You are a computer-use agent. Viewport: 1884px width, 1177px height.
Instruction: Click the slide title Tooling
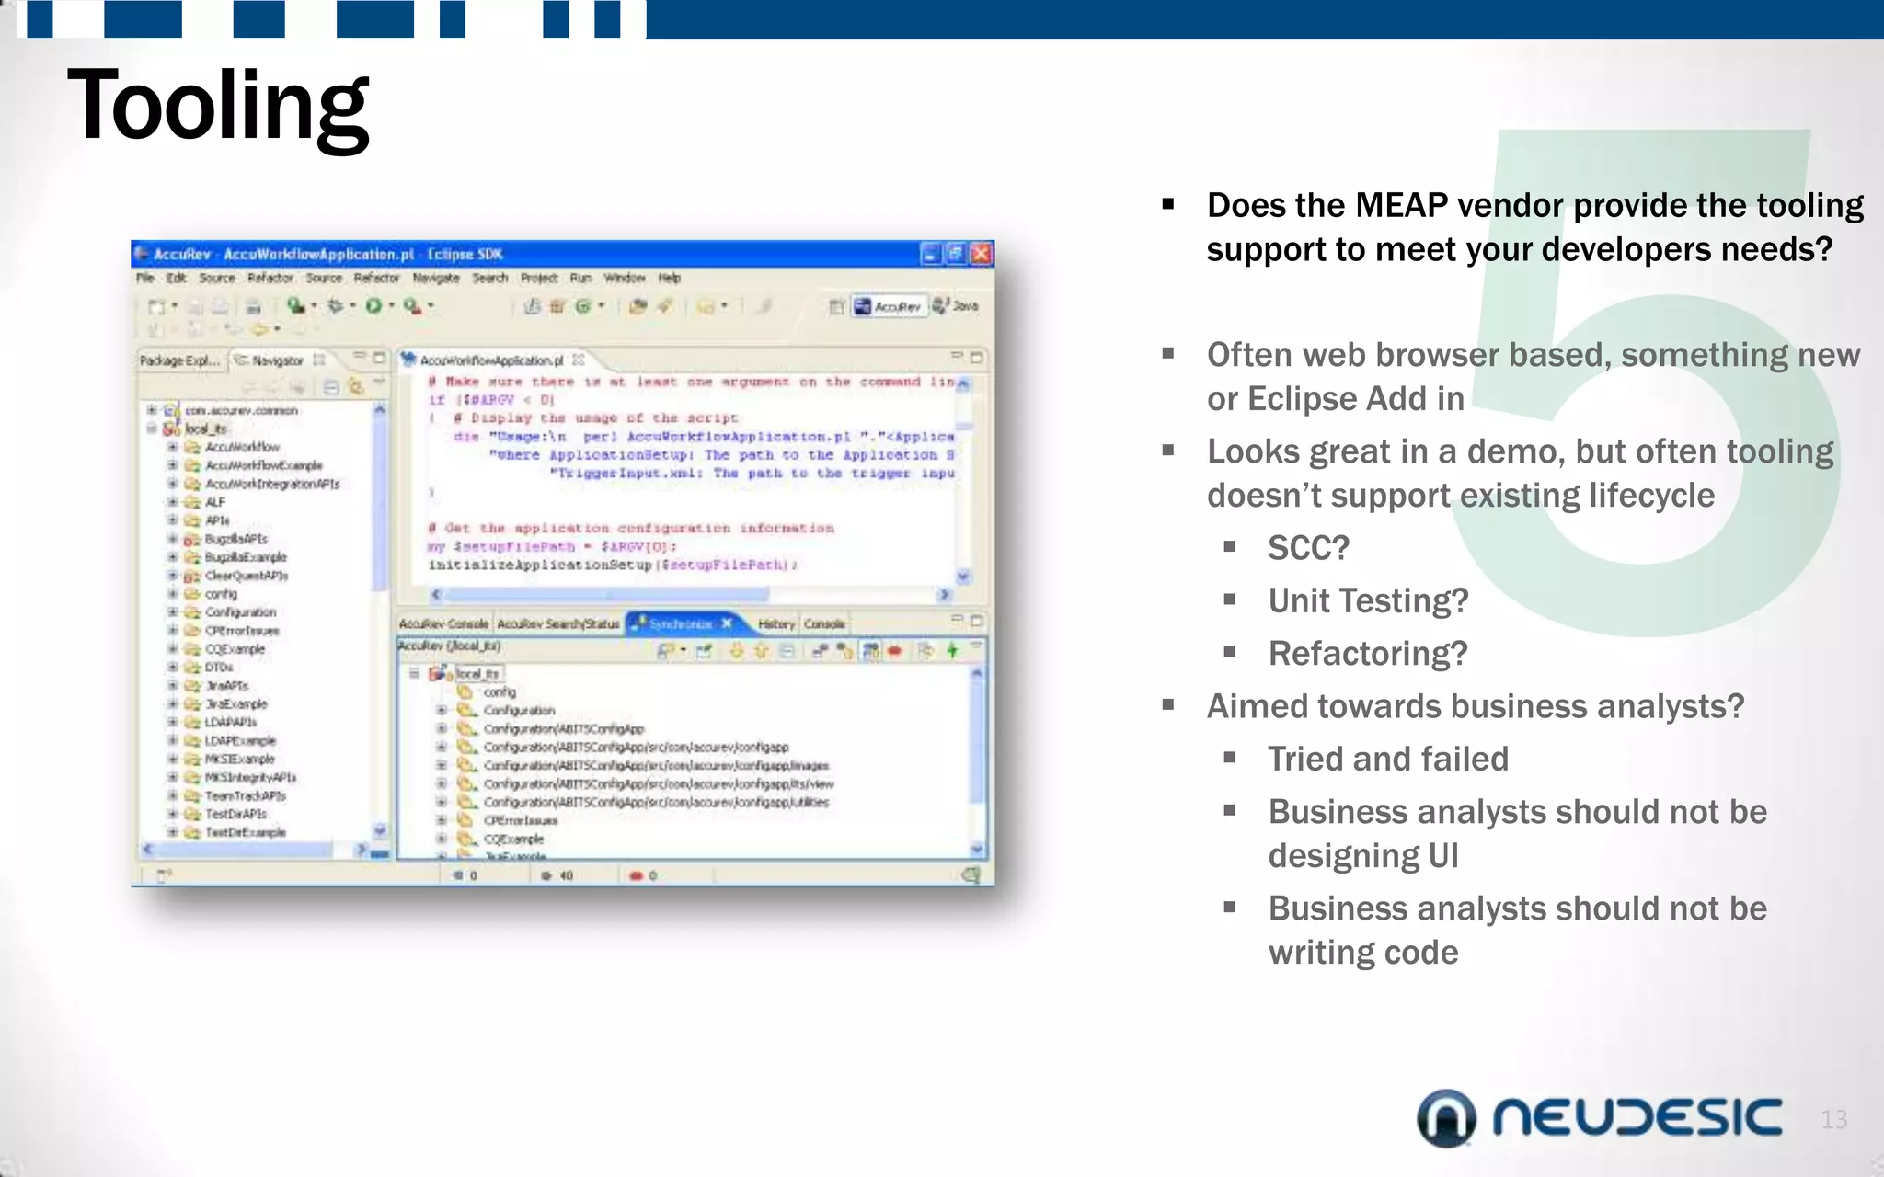218,106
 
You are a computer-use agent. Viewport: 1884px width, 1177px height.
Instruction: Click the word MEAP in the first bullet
1401,205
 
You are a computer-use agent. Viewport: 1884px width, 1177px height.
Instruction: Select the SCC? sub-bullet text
1308,548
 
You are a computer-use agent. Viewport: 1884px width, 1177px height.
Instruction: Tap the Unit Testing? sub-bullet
1368,600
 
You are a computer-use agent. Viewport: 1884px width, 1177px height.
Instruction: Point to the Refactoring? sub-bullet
1367,654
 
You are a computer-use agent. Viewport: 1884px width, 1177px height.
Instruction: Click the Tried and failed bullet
1387,759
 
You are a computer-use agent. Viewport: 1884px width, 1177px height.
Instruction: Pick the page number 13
1833,1119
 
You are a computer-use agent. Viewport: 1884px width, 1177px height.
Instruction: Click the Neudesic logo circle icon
1446,1118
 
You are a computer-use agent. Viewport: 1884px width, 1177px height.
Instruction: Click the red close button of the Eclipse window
982,254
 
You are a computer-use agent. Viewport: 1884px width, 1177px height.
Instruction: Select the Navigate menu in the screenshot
435,278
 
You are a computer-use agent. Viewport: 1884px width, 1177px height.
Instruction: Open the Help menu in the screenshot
669,278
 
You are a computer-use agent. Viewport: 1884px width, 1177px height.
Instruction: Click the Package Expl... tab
179,360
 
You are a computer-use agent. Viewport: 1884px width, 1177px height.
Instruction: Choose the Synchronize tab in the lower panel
680,623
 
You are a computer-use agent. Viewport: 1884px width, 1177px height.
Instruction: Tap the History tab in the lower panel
775,623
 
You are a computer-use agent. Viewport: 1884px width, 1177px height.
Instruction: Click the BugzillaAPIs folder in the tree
235,539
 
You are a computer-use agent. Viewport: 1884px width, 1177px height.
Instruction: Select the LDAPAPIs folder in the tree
230,722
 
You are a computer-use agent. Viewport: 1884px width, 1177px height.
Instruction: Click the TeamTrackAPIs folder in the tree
245,795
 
